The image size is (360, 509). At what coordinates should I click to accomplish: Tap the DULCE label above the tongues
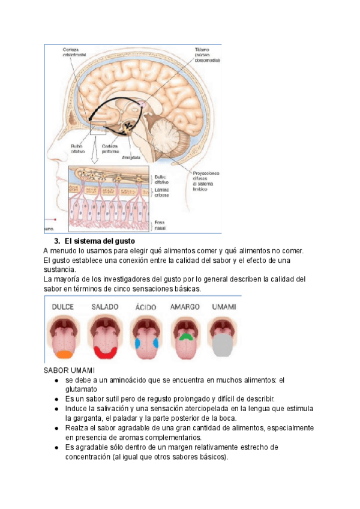click(63, 307)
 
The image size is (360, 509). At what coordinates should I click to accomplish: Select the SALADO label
click(105, 307)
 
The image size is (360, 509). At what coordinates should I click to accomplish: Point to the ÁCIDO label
click(146, 307)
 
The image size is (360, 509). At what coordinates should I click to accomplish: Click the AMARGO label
click(185, 307)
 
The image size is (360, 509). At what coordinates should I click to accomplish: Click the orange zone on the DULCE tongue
click(62, 354)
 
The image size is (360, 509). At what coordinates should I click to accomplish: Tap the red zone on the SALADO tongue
click(104, 353)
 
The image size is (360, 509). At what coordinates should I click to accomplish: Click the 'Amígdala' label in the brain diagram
click(131, 158)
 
